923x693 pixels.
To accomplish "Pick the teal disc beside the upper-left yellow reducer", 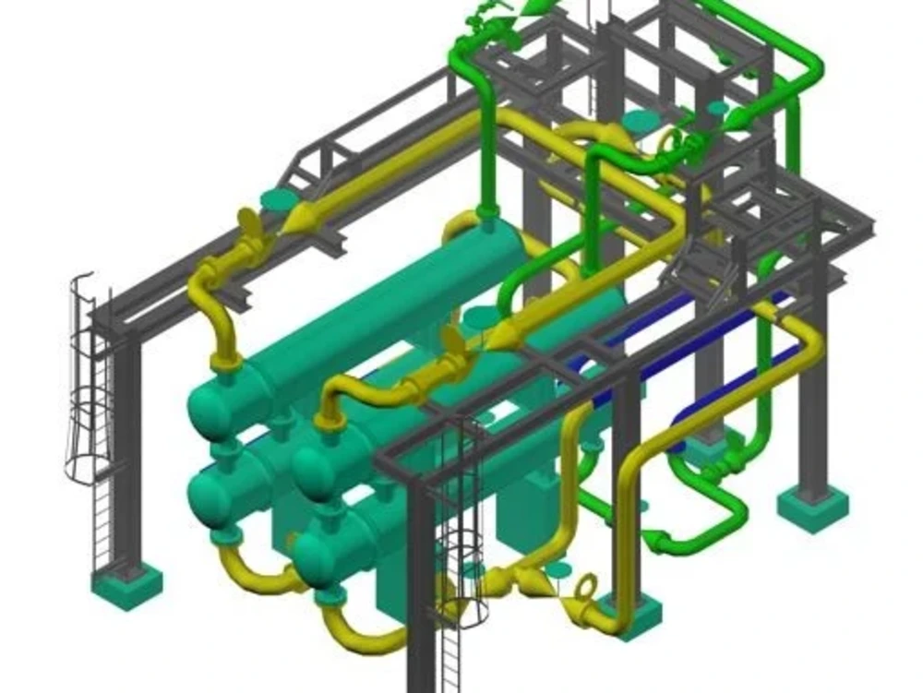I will pyautogui.click(x=280, y=200).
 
